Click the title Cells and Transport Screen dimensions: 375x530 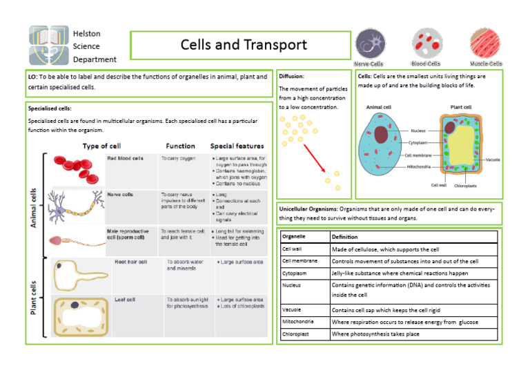coord(243,46)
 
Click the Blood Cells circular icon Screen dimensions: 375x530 coord(426,44)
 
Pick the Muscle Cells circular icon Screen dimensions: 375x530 coord(484,44)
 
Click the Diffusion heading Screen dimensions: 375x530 coord(291,77)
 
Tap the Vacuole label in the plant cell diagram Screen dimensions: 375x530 coord(493,160)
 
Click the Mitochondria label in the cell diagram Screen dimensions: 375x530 coord(420,166)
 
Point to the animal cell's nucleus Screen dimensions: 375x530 coord(380,134)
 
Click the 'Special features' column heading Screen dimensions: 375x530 coord(237,146)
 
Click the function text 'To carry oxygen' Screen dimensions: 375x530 coord(178,158)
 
